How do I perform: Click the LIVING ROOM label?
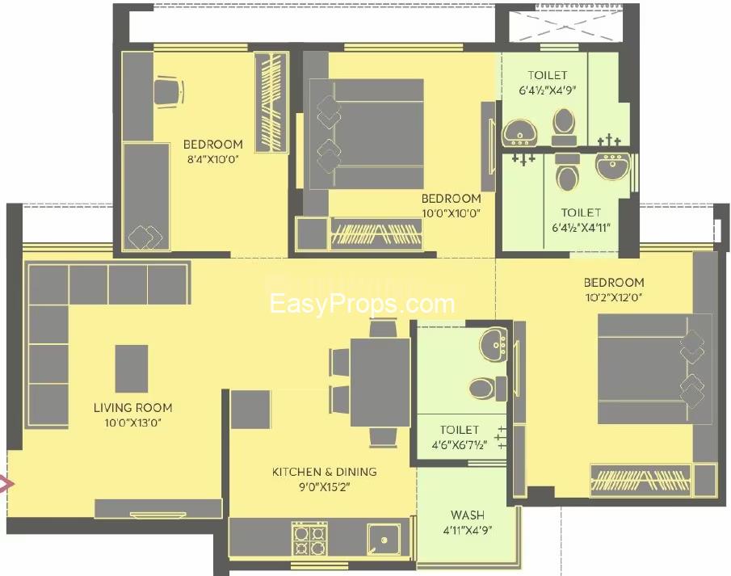132,408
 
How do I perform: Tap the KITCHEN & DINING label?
325,472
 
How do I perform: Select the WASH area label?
468,515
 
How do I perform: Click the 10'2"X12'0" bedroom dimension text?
614,297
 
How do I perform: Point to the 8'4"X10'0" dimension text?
213,159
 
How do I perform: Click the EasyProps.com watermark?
362,304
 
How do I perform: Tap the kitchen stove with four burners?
309,539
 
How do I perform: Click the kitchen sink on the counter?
384,539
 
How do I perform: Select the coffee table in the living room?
132,368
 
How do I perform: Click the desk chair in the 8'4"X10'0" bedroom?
169,91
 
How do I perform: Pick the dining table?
380,382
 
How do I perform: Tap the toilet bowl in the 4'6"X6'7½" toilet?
487,389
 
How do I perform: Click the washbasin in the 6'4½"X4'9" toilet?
520,132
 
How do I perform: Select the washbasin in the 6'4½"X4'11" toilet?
612,166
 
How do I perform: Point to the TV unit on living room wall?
158,509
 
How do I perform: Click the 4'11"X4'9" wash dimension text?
468,530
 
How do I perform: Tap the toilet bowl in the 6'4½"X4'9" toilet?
564,126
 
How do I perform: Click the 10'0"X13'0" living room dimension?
132,423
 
